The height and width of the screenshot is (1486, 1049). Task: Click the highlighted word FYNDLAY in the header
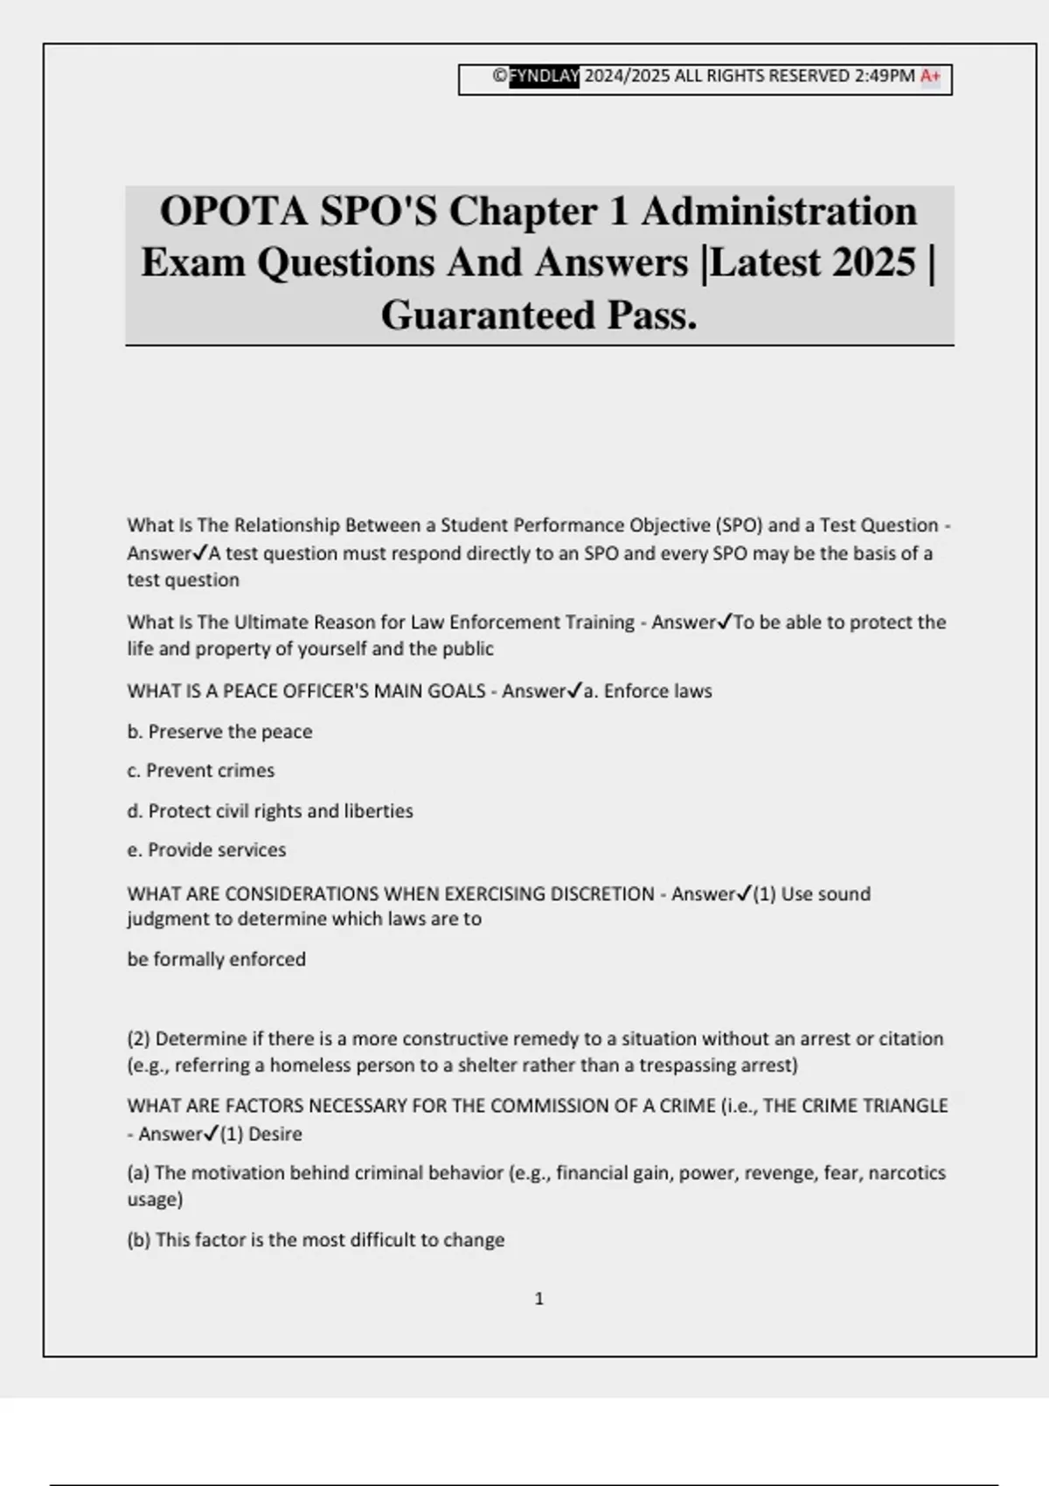544,77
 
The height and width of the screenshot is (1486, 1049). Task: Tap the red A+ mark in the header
930,77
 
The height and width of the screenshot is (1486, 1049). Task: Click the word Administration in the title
779,212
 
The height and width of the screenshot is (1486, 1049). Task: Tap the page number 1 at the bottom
538,1299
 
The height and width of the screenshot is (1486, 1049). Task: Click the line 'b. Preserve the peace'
219,732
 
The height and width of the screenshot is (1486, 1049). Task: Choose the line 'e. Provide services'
206,850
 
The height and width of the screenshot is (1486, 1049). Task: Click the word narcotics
907,1173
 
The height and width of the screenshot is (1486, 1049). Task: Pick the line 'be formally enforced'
217,960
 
